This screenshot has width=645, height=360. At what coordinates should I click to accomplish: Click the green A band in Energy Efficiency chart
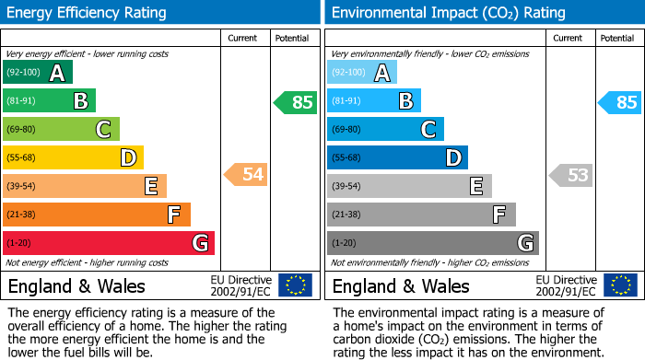38,73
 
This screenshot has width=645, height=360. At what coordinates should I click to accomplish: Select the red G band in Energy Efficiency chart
109,243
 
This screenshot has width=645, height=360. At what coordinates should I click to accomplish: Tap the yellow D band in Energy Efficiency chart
73,157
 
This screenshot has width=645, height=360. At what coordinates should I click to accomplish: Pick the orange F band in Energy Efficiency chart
97,215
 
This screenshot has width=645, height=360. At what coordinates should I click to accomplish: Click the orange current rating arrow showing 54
246,173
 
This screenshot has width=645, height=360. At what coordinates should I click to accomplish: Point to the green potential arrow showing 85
296,102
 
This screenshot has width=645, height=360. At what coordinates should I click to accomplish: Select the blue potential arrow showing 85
620,102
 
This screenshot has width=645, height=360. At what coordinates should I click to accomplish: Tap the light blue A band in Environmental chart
362,73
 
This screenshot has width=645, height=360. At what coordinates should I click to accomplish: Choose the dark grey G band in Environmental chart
433,243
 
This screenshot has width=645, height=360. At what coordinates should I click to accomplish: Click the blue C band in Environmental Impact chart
385,129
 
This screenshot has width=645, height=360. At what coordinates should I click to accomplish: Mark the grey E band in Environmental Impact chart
409,186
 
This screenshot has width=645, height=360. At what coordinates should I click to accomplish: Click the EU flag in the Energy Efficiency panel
295,285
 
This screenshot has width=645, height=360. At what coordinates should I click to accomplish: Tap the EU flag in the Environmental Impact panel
619,285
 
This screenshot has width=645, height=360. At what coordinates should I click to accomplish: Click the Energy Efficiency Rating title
88,13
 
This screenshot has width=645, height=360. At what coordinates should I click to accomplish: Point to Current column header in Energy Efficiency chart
243,38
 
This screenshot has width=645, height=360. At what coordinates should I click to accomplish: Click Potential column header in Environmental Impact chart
616,38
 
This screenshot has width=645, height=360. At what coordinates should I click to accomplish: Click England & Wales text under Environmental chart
401,286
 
